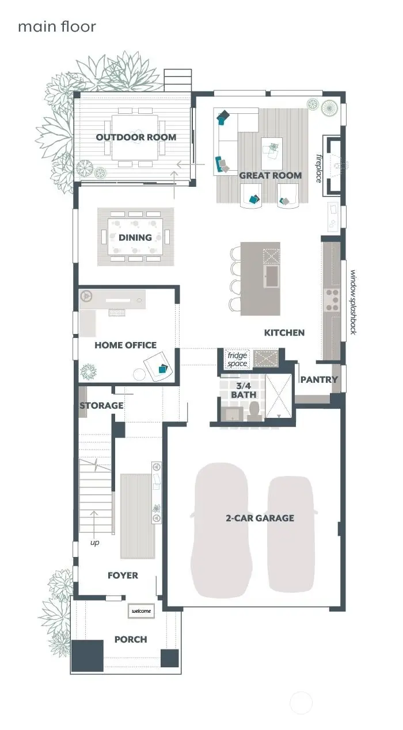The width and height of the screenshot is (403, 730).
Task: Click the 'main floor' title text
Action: coord(56,26)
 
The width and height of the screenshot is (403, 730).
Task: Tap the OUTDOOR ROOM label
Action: coord(136,137)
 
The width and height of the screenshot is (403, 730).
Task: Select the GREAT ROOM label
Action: coord(270,176)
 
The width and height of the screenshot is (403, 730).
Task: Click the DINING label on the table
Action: coord(135,237)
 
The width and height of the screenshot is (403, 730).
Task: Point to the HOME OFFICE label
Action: coord(126,345)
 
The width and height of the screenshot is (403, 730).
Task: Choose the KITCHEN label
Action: coord(284,333)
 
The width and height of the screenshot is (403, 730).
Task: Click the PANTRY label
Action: coord(319,380)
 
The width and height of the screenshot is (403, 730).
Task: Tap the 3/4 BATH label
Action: coord(244,390)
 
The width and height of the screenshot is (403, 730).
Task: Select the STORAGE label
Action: coord(101,405)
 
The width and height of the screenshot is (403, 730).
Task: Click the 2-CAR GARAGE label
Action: coord(260,518)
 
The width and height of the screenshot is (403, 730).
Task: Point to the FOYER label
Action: coord(123,575)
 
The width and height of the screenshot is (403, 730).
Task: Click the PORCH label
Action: coord(131,639)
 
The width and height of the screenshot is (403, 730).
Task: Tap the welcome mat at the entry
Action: coord(142,611)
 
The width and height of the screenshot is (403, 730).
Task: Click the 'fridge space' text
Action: coord(237,360)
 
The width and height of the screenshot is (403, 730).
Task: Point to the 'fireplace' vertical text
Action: coord(318,167)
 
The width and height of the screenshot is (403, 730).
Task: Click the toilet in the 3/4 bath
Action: coord(254,411)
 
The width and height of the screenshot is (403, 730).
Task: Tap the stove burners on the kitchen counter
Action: coord(333,299)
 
